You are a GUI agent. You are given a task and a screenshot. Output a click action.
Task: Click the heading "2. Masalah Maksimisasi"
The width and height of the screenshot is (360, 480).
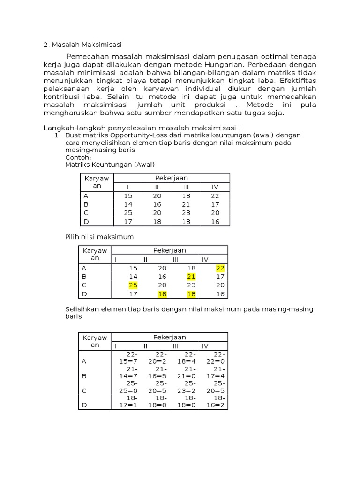point(82,45)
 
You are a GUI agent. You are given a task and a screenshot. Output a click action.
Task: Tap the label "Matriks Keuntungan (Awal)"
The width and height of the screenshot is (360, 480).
point(109,165)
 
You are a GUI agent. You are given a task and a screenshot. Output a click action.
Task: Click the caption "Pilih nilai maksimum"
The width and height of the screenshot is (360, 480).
point(99,237)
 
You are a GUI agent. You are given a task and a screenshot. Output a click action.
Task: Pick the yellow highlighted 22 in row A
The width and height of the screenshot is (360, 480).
point(220,268)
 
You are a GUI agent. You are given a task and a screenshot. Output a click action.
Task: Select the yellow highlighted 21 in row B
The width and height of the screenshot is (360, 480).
point(191,277)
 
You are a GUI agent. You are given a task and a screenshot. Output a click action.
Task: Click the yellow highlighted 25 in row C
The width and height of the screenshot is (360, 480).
point(133,285)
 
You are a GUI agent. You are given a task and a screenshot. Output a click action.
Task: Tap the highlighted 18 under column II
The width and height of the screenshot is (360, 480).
point(162,294)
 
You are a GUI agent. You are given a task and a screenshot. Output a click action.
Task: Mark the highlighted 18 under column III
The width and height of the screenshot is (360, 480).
point(191,294)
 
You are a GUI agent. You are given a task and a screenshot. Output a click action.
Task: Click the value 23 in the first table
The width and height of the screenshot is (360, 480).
point(186,213)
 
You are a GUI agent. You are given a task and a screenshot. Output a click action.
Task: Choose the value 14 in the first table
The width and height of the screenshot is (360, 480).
point(128,204)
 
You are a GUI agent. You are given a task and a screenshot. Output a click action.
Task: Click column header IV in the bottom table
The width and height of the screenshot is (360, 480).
point(205,346)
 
